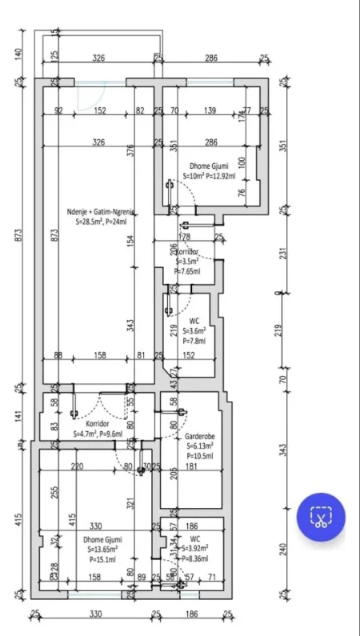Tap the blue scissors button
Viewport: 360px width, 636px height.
[x=321, y=518]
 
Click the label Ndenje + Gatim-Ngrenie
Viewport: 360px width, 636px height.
[x=100, y=212]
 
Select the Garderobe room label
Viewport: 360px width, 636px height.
[x=190, y=438]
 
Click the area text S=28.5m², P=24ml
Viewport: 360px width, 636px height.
[x=101, y=222]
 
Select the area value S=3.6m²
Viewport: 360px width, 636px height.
[x=194, y=330]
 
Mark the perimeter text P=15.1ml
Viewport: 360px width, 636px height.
[x=101, y=559]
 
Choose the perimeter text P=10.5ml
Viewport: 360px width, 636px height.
[x=191, y=456]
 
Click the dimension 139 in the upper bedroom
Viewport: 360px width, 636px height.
[x=210, y=111]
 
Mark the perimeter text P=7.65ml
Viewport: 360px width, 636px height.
[x=190, y=271]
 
